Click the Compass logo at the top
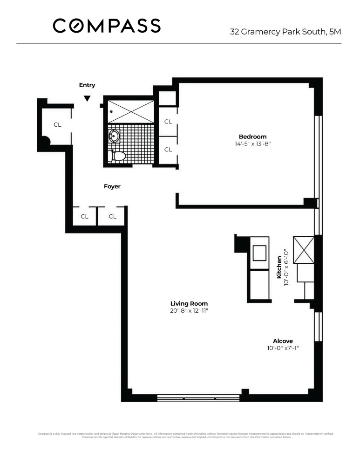tap(107, 26)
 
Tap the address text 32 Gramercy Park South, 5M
tap(285, 32)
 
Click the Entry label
tap(87, 85)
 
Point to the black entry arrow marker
tap(87, 98)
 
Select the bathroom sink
tap(113, 136)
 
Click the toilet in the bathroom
tap(117, 156)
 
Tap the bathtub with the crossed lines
tap(131, 111)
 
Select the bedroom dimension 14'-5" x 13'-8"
tap(252, 144)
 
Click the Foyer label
tap(112, 186)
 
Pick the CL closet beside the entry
tap(57, 124)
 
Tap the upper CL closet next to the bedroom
tap(168, 122)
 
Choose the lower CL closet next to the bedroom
tap(168, 150)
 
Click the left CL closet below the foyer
tap(84, 216)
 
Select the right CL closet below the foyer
tap(112, 216)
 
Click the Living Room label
tap(189, 303)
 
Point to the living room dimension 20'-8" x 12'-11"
tap(189, 311)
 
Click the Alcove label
tap(283, 341)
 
